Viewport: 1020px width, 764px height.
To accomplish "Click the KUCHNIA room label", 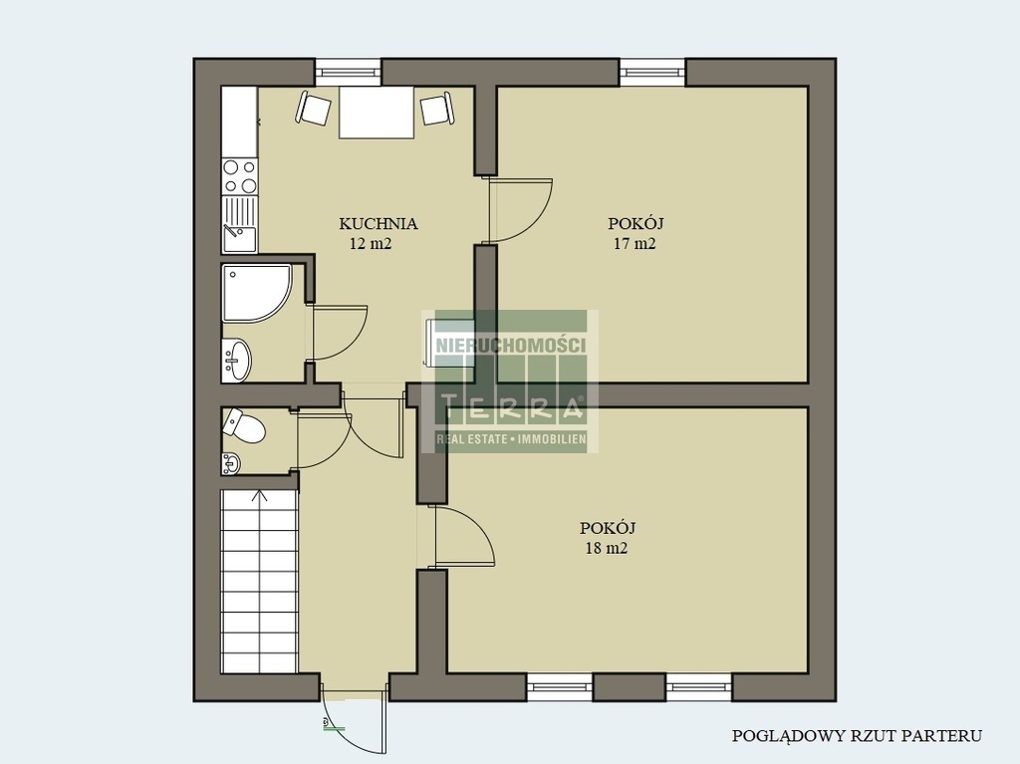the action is coord(378,224).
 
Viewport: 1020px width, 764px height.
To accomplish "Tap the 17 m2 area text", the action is coord(635,244).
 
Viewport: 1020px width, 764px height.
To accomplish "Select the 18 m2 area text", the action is coord(607,548).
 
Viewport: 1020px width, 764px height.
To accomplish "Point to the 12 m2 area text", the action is coord(371,244).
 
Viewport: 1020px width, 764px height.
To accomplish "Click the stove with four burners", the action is coord(239,176).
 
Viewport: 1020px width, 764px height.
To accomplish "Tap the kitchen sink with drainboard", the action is coord(239,224).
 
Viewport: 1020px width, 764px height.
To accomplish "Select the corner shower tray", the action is coord(256,293).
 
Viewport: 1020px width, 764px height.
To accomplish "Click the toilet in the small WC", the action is coord(244,426).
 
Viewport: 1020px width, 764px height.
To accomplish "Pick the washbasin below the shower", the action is coord(236,360).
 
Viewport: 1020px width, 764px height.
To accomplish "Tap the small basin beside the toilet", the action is coord(230,463).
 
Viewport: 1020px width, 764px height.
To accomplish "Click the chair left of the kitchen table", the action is coord(314,108).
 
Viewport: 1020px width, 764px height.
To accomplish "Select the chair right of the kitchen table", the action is coord(437,109).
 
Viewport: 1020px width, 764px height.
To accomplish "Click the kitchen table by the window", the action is coord(376,112).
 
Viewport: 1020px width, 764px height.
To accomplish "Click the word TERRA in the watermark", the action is coord(511,408).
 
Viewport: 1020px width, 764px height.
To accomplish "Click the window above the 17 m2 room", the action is coord(651,72).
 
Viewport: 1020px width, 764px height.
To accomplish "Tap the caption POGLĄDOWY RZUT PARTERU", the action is coord(857,736).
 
